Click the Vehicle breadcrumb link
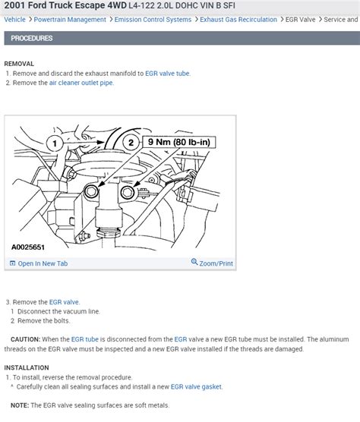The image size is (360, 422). click(x=14, y=20)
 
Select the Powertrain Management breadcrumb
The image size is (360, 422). click(x=70, y=20)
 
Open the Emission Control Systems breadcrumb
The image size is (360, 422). click(x=153, y=20)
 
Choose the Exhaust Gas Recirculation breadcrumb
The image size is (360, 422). click(x=238, y=20)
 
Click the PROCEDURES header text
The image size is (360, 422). click(x=32, y=38)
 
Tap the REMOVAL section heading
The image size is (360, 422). click(x=19, y=64)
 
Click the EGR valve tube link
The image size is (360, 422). click(x=168, y=74)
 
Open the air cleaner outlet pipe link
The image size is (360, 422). click(x=81, y=83)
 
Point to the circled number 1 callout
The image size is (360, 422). click(x=55, y=143)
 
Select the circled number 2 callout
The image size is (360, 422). click(x=131, y=143)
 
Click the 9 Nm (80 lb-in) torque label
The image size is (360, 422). click(x=179, y=142)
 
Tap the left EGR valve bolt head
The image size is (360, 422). click(x=92, y=191)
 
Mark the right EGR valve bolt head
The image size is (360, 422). click(x=128, y=192)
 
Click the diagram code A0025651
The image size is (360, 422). click(x=28, y=247)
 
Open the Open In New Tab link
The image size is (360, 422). click(x=39, y=263)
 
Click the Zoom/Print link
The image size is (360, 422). click(x=212, y=263)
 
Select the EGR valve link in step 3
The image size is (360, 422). click(x=64, y=302)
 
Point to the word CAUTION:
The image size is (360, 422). click(x=25, y=339)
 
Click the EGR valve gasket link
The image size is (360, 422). click(x=196, y=387)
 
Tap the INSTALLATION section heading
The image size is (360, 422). click(x=27, y=367)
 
